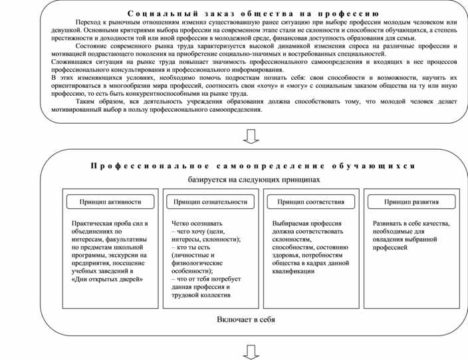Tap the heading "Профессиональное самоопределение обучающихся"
click(x=253, y=166)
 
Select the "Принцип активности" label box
click(x=111, y=202)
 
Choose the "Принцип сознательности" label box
click(x=211, y=202)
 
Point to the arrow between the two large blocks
click(x=252, y=137)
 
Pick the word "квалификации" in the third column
click(x=293, y=271)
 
